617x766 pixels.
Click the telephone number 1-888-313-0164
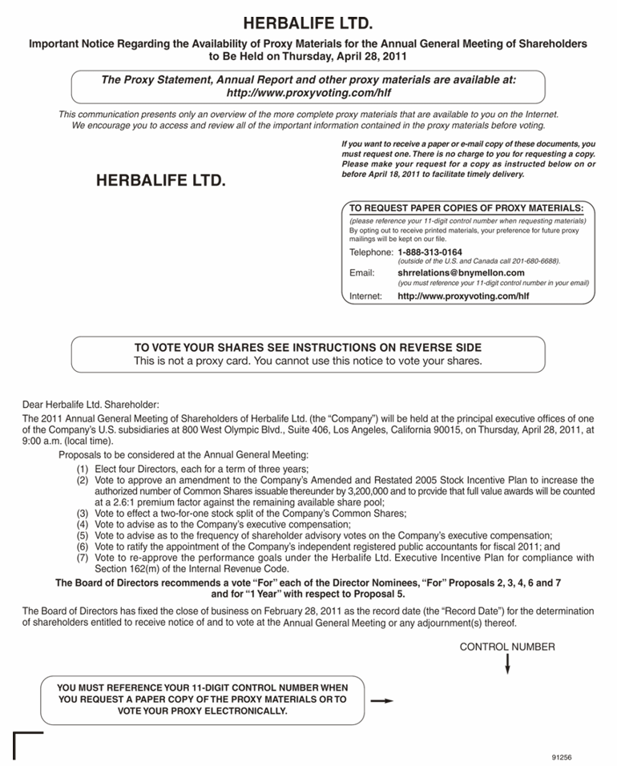click(x=429, y=252)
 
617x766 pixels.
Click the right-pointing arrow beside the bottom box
click(x=382, y=700)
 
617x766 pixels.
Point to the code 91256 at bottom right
click(x=563, y=756)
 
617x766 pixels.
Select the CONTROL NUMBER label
click(x=507, y=647)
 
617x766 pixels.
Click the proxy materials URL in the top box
click(x=308, y=93)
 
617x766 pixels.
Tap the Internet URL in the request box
click(x=463, y=296)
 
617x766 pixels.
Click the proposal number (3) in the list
click(x=83, y=514)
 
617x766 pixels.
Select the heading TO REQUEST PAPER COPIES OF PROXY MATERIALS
click(x=466, y=208)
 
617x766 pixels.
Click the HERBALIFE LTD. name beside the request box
click(x=160, y=181)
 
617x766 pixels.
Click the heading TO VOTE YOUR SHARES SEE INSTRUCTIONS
click(x=308, y=348)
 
